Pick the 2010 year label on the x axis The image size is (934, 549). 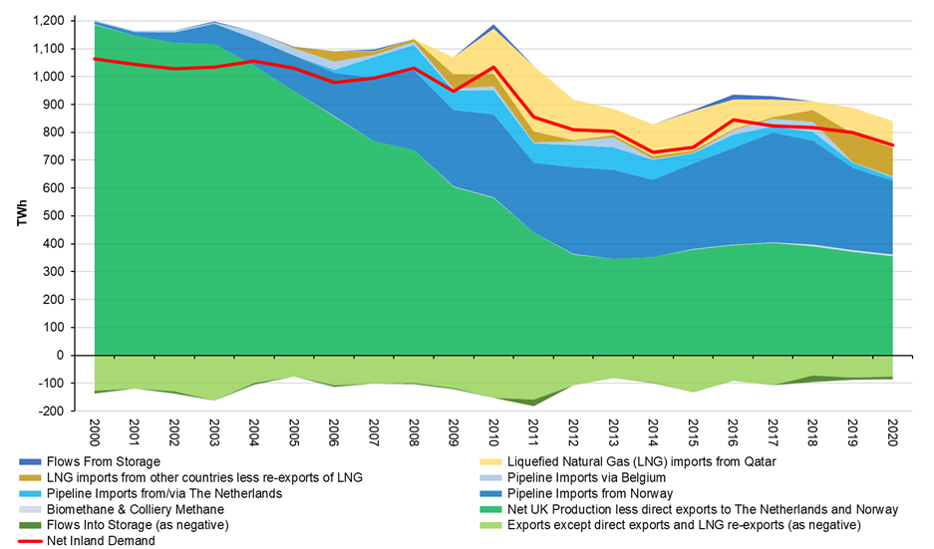(491, 432)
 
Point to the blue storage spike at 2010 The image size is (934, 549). (491, 27)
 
